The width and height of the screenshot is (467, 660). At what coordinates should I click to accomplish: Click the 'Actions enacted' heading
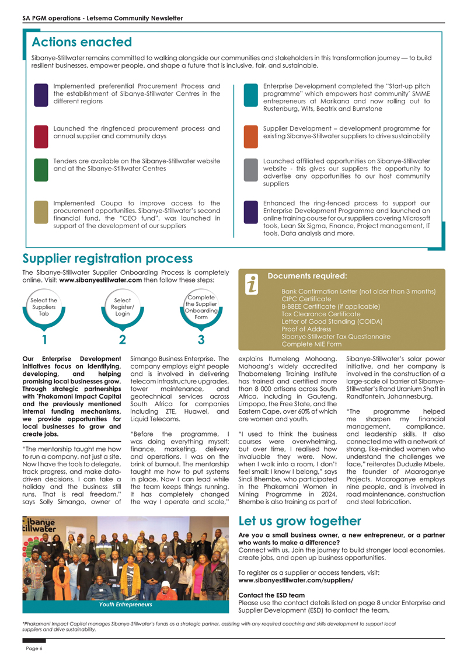point(82,42)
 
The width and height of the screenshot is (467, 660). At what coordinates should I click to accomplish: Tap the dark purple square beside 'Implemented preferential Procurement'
point(41,95)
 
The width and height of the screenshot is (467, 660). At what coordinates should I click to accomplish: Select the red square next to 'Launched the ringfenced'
point(41,135)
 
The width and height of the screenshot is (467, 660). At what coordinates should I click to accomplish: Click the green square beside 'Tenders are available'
point(41,169)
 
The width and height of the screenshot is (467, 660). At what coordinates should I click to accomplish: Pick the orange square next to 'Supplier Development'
point(250,135)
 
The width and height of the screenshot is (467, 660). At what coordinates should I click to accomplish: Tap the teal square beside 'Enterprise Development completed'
point(250,95)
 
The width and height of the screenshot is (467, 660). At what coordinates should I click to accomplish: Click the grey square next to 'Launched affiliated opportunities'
point(250,169)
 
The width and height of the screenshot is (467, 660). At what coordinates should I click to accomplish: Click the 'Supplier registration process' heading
point(107,259)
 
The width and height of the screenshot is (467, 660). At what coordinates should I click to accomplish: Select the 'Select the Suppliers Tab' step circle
point(44,307)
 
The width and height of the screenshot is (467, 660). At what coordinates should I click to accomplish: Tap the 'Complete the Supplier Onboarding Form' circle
point(201,307)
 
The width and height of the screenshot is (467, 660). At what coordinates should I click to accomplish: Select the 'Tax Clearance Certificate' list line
point(321,314)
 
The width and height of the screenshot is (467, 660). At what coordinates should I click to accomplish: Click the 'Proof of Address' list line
point(308,329)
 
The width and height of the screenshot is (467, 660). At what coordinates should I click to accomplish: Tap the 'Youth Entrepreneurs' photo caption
point(126,604)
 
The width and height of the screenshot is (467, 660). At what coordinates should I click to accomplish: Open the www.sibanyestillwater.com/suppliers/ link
point(296,581)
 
